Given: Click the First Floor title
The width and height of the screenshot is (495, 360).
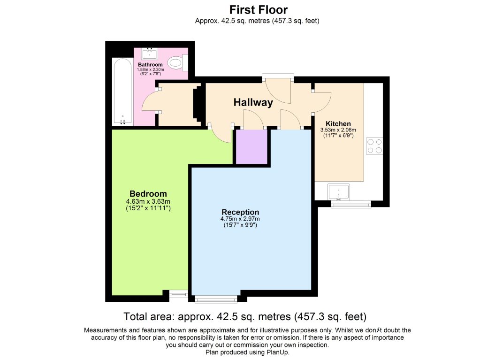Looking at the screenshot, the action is click(x=258, y=10).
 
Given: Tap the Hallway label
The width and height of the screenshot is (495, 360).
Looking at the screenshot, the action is click(x=253, y=102).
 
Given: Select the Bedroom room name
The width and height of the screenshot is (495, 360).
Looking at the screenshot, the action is click(x=148, y=193).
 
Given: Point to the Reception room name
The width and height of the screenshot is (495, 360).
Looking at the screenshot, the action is click(x=240, y=212).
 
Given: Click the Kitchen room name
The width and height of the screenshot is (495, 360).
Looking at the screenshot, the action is click(x=338, y=124).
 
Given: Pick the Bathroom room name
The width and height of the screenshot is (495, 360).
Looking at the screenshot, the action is click(x=150, y=64).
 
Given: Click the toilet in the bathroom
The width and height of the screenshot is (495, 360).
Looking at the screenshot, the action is click(x=177, y=62).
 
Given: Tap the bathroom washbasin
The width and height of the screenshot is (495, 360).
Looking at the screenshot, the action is click(x=150, y=54).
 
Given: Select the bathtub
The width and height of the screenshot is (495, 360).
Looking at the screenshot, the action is click(x=122, y=92).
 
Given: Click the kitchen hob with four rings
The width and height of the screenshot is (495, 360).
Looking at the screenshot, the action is click(x=374, y=146).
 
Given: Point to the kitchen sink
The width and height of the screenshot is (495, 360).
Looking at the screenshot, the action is click(x=338, y=192).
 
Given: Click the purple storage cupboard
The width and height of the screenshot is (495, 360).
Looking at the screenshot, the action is click(x=252, y=147).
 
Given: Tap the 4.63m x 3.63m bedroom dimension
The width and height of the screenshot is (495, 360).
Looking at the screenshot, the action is click(x=148, y=201).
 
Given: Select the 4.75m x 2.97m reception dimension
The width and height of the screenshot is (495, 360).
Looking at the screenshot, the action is click(x=240, y=219).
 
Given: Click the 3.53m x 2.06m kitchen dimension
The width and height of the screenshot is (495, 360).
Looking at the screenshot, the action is click(x=338, y=130).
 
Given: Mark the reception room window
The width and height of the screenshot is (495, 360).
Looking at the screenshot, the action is click(x=216, y=299).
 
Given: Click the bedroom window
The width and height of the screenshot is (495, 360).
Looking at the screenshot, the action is click(x=179, y=295).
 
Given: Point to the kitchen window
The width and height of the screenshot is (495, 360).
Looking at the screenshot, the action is click(x=351, y=204).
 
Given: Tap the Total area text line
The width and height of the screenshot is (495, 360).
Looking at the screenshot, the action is click(x=245, y=316).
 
